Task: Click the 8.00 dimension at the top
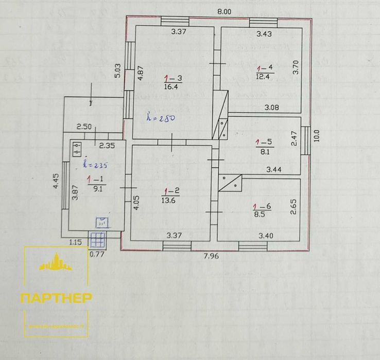coord(224,11)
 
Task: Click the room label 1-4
coord(264,68)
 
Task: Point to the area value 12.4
coord(264,77)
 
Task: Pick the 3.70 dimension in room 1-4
coord(296,68)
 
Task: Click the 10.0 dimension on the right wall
coord(316,135)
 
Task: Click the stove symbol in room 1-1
coord(78,149)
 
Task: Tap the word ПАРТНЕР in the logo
coord(57,298)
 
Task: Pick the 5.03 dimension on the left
coord(118,70)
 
